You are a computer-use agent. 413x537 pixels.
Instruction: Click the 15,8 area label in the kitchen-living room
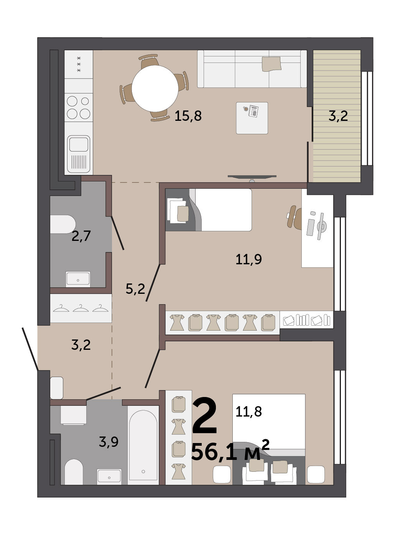pyautogui.click(x=188, y=116)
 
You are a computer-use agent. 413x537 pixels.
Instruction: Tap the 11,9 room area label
pyautogui.click(x=248, y=259)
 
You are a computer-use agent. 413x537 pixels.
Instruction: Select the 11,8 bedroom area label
pyautogui.click(x=248, y=412)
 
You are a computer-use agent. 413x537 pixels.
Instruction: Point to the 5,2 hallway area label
pyautogui.click(x=135, y=289)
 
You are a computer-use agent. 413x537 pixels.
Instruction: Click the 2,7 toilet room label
pyautogui.click(x=81, y=236)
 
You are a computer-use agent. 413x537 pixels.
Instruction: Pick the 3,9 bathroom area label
pyautogui.click(x=109, y=442)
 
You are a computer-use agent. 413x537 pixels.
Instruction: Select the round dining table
pyautogui.click(x=155, y=89)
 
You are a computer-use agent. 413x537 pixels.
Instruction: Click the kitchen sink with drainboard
pyautogui.click(x=79, y=154)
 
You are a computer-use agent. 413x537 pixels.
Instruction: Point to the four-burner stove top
pyautogui.click(x=79, y=108)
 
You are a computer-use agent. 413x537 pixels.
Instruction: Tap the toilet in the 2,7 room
pyautogui.click(x=63, y=224)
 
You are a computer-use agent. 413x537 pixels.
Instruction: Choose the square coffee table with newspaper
pyautogui.click(x=252, y=118)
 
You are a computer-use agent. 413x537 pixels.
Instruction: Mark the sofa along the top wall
pyautogui.click(x=252, y=69)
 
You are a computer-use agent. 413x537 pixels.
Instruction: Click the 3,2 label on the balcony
pyautogui.click(x=338, y=116)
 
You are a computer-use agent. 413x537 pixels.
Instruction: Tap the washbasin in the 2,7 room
pyautogui.click(x=78, y=279)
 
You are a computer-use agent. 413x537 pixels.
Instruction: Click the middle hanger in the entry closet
pyautogui.click(x=81, y=308)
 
